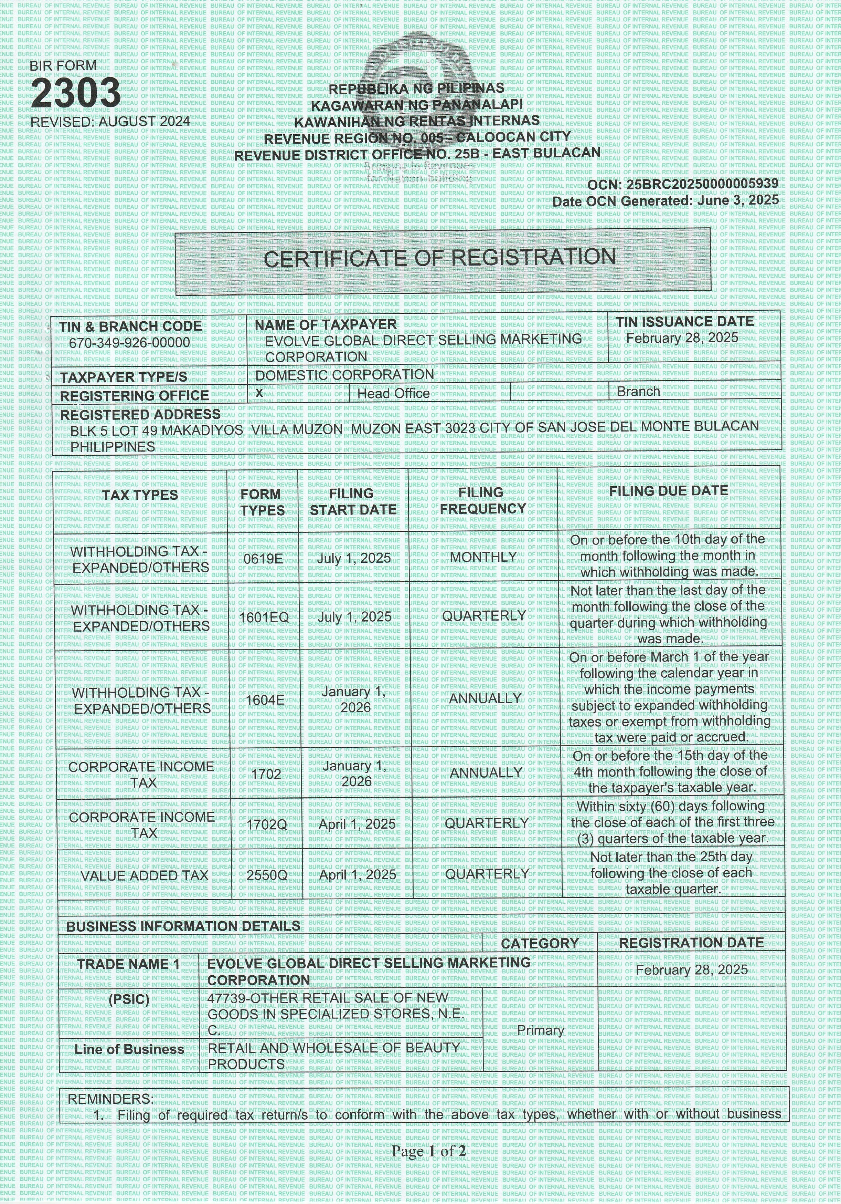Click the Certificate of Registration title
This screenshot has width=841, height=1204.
click(x=440, y=258)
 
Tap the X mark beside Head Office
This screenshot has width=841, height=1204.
click(x=259, y=393)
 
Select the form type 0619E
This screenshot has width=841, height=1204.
click(x=263, y=559)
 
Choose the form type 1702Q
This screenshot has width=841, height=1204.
click(x=266, y=825)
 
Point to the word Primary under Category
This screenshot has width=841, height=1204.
click(x=540, y=1030)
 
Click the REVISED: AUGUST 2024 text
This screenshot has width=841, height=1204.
click(x=110, y=122)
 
